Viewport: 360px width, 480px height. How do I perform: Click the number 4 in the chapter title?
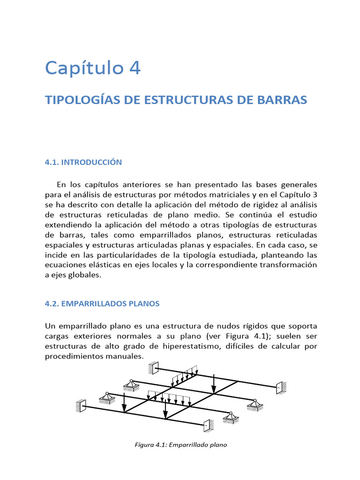(134, 68)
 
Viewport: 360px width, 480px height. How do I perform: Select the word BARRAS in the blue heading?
(284, 100)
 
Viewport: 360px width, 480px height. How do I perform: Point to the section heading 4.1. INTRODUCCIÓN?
(83, 162)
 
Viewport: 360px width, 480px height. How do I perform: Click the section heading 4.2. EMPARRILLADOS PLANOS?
(102, 304)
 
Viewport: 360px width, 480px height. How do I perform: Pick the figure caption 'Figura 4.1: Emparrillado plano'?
(180, 445)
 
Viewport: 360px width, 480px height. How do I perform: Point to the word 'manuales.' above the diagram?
(142, 356)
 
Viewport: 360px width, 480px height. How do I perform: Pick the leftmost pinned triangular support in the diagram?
(108, 398)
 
